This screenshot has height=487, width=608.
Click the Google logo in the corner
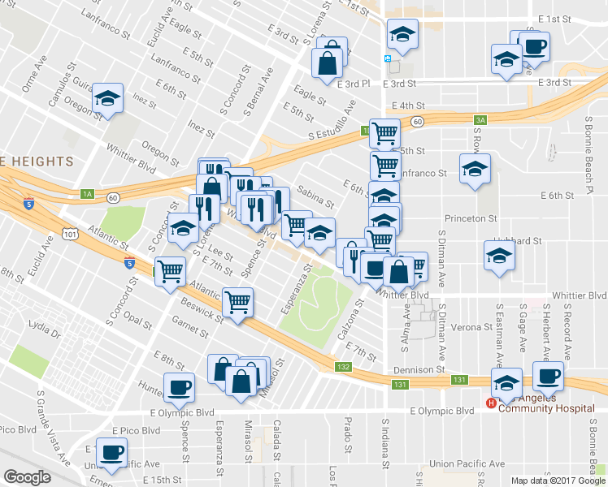27,477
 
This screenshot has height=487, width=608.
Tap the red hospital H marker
491,403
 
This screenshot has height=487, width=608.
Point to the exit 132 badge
344,368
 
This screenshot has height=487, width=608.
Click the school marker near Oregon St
107,97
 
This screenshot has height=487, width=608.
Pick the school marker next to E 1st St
402,33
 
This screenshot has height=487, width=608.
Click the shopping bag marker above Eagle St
330,59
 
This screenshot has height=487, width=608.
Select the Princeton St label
470,219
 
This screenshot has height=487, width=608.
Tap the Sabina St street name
315,195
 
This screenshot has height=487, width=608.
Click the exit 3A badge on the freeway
480,120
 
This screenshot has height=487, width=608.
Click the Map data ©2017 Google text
558,481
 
